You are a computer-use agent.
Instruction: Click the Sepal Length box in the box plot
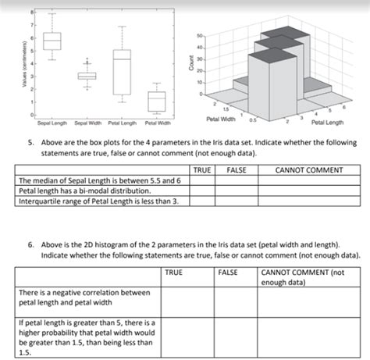52,41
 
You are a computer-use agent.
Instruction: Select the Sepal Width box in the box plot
87,76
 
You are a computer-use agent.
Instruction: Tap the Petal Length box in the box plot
121,73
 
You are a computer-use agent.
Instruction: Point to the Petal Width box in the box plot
157,101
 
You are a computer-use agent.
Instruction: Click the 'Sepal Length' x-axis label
52,123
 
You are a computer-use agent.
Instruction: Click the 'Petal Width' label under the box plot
158,123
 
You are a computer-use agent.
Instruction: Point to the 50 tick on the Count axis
199,36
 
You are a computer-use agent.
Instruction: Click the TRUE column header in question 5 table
201,169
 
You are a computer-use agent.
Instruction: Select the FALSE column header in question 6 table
229,272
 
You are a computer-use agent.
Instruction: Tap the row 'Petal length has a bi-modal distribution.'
85,190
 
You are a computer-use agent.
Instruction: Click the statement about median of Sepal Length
94,180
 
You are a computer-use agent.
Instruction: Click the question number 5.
30,143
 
